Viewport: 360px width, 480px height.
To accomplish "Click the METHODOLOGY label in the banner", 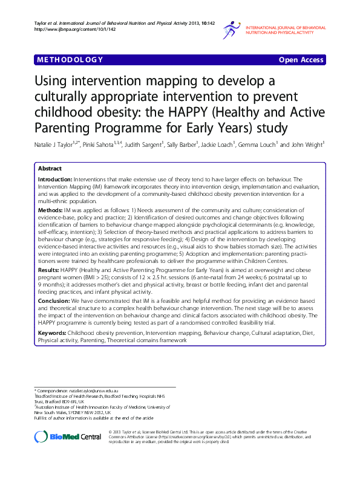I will (x=70, y=60).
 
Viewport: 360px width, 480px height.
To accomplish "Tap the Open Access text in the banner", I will (x=301, y=60).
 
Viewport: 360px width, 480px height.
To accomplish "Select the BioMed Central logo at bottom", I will (x=68, y=437).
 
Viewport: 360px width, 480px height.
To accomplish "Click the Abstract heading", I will (x=50, y=169).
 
